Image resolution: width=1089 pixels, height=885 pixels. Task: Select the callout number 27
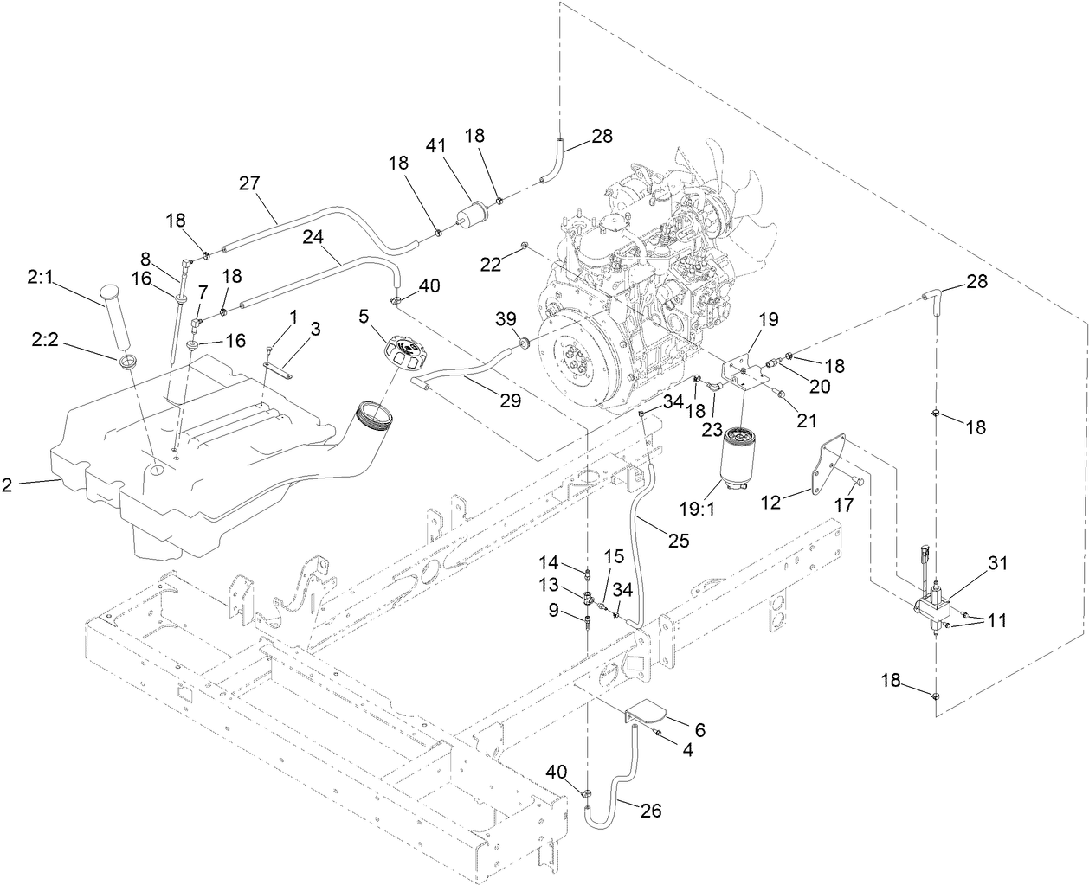pyautogui.click(x=250, y=183)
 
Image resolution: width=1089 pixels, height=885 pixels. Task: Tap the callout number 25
pyautogui.click(x=678, y=541)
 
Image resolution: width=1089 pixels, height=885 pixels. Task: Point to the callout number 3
pyautogui.click(x=315, y=328)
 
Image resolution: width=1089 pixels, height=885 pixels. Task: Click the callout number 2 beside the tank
pyautogui.click(x=7, y=484)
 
